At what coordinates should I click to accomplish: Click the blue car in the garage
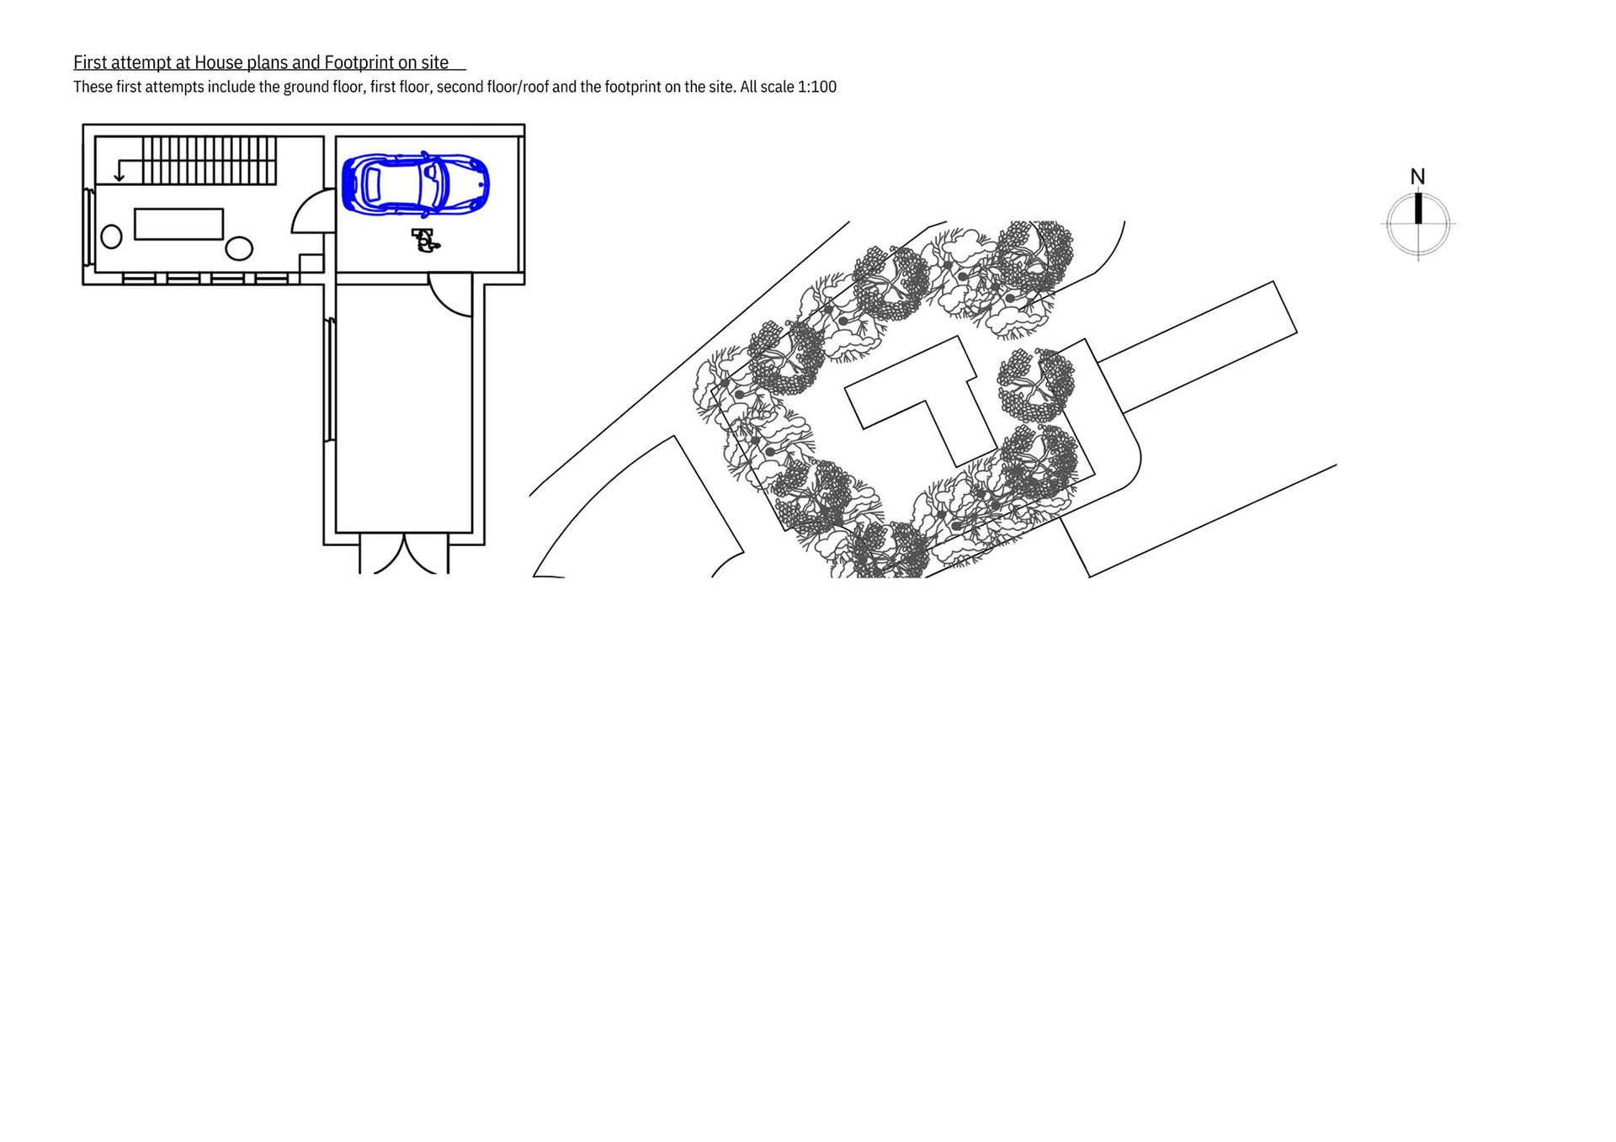pyautogui.click(x=416, y=183)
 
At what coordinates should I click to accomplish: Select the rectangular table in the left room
pyautogui.click(x=178, y=224)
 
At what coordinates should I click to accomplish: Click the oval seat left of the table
pyautogui.click(x=111, y=236)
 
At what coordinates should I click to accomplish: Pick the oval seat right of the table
pyautogui.click(x=239, y=248)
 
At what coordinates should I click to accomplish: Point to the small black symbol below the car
pyautogui.click(x=425, y=240)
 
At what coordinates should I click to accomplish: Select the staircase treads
pyautogui.click(x=209, y=160)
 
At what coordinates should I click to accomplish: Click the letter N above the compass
pyautogui.click(x=1417, y=177)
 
